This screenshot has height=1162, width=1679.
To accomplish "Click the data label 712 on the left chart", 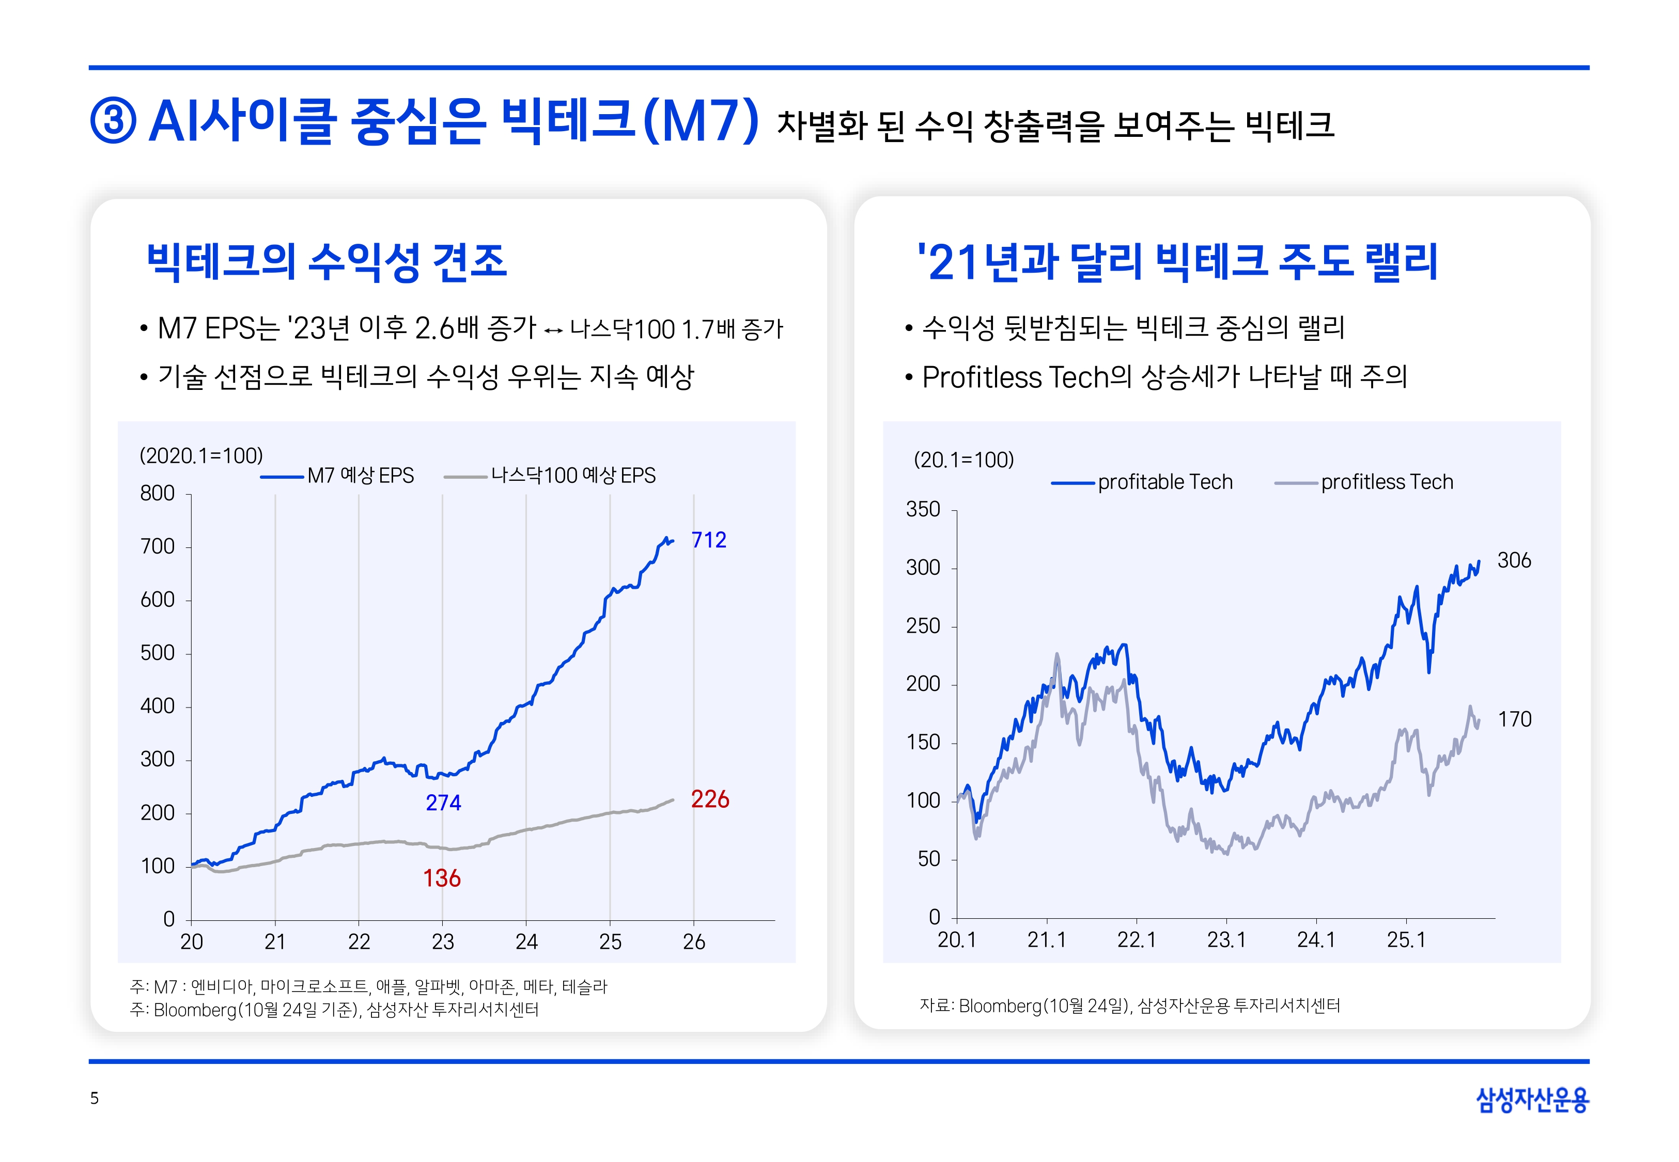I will [x=708, y=540].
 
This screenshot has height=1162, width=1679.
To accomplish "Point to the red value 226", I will [x=710, y=799].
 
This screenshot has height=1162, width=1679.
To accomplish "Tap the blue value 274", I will [x=443, y=803].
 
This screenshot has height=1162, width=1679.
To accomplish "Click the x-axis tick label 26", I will [x=694, y=942].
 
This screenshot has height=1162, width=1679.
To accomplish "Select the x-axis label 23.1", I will [x=1226, y=940].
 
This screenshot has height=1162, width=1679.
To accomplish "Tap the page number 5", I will [x=94, y=1098].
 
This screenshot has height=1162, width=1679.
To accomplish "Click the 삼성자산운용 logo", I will [x=1532, y=1098].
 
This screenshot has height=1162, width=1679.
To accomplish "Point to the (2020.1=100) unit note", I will [x=201, y=456].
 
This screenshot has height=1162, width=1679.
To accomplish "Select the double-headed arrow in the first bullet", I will [x=553, y=331].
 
